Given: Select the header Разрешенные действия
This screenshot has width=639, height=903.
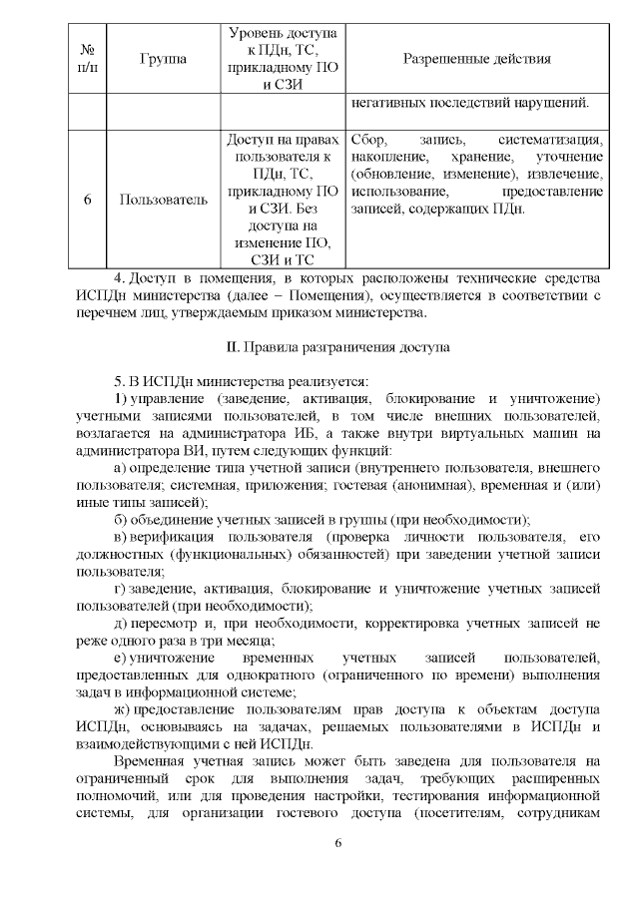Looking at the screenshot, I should click(476, 60).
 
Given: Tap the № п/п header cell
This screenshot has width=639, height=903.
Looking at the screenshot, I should click(86, 60).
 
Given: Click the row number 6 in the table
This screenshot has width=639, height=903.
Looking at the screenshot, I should click(87, 200).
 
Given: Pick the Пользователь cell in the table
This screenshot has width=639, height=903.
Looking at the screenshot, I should click(164, 200).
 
